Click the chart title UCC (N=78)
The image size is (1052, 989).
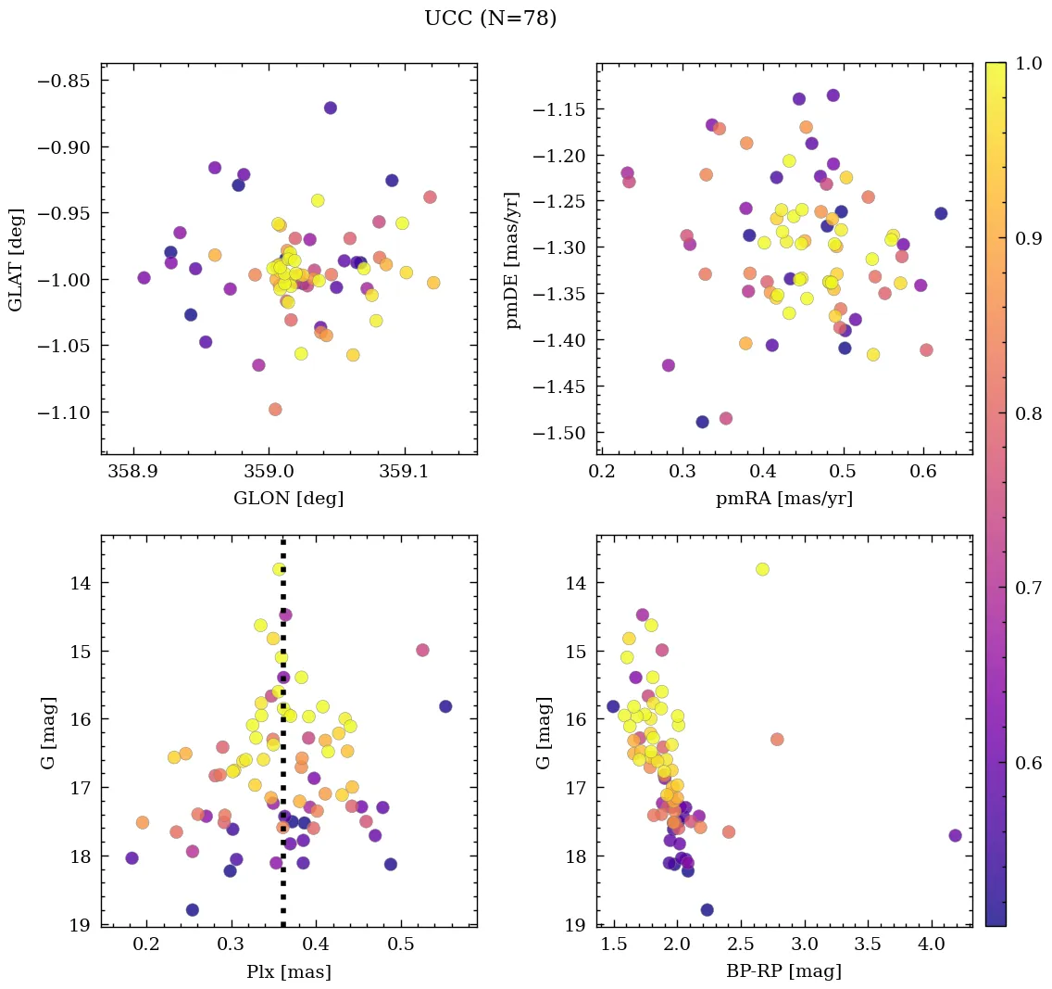490,19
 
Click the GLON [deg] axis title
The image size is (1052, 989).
288,499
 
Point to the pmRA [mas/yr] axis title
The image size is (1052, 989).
783,499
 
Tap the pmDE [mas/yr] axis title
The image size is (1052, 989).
512,260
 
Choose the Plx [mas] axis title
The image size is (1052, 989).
288,971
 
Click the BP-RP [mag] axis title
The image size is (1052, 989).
783,971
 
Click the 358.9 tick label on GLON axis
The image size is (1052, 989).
131,473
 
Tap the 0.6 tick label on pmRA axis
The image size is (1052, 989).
922,473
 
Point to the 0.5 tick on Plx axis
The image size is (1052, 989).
401,945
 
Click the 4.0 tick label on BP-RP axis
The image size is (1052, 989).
932,945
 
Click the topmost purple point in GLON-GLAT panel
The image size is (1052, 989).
330,108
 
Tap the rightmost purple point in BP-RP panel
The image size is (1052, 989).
955,835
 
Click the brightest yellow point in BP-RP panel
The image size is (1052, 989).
762,569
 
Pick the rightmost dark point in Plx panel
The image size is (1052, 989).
445,706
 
